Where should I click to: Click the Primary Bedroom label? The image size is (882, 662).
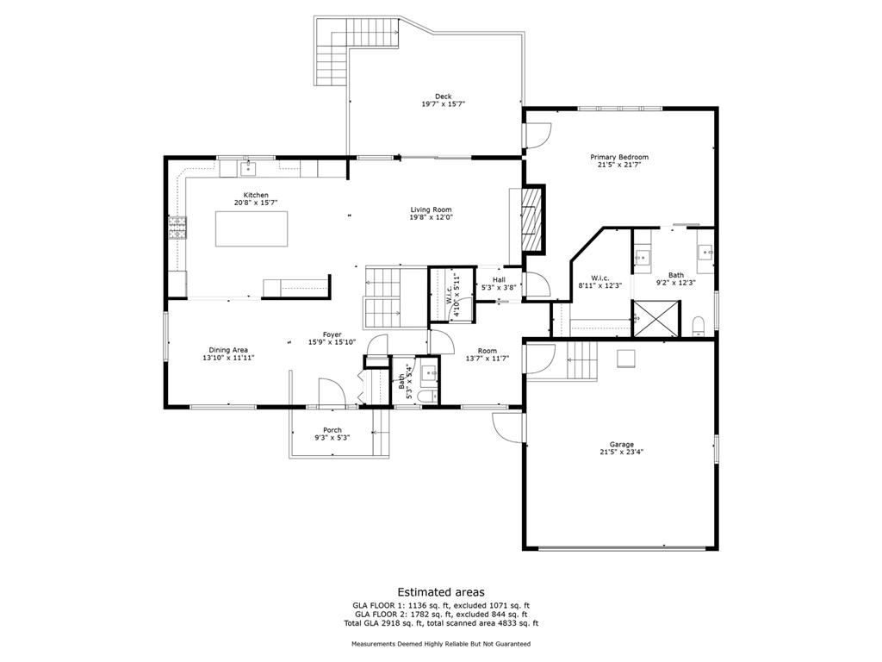pos(618,157)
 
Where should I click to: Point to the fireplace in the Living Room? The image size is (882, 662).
pos(532,220)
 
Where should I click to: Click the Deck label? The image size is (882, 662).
pos(443,97)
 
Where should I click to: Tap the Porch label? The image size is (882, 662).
pos(332,430)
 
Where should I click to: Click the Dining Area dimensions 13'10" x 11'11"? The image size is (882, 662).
pos(228,358)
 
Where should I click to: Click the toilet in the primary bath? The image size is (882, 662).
pos(699,325)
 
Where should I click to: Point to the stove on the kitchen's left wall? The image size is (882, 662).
pos(177,228)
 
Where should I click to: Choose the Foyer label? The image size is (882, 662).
pos(332,334)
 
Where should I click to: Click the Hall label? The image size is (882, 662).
pos(499,279)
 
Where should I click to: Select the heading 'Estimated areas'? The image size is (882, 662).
pos(440,592)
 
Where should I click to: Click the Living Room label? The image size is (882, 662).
pos(431,209)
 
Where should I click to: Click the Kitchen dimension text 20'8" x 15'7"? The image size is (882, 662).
pos(256,203)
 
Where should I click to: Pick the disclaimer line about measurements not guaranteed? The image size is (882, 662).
pos(440,644)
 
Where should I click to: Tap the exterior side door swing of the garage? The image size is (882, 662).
pos(507,426)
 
